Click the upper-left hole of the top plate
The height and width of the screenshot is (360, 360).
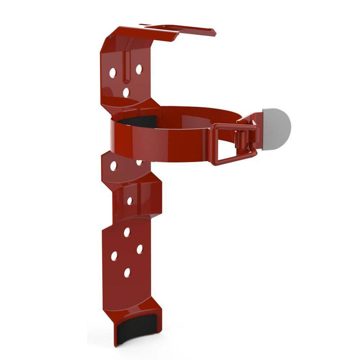pos(113,73)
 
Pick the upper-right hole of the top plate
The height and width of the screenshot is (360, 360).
pos(138,69)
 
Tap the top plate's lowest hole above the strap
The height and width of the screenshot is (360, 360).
pos(126,93)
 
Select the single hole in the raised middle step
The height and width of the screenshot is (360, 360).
pos(129,201)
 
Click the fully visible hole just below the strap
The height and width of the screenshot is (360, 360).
pos(113,167)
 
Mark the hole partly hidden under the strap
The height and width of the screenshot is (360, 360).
pos(139,163)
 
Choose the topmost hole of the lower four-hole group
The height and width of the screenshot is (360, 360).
pos(127,232)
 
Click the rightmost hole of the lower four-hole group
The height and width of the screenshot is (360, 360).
pos(139,249)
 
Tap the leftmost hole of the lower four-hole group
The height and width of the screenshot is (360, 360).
pos(114,256)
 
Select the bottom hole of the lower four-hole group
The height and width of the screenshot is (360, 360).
pos(127,273)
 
